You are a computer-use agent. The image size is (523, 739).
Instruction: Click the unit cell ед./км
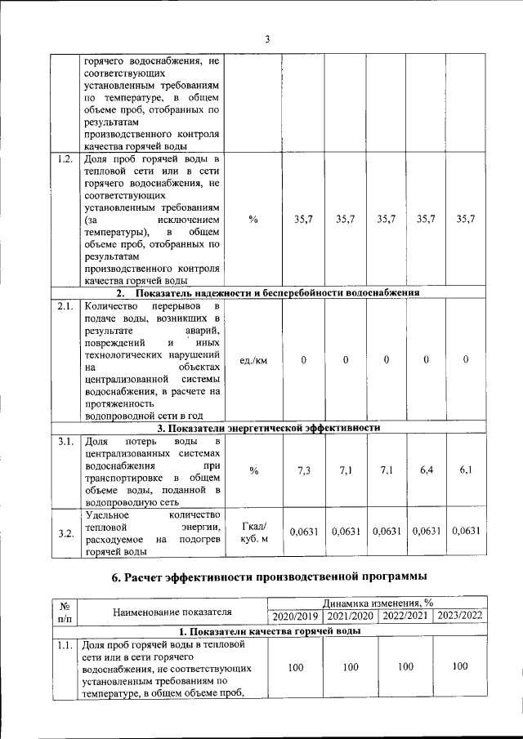coord(253,360)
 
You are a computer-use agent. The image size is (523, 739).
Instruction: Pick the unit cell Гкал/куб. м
coord(253,532)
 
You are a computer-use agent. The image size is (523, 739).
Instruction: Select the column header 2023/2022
coord(460,616)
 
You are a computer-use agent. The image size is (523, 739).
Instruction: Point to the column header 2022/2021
coord(405,616)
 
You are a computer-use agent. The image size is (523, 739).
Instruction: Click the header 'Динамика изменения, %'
coord(378,602)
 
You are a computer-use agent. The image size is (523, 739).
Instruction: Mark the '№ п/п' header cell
coord(64,612)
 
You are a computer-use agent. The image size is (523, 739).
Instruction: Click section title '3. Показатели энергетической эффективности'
coord(269,427)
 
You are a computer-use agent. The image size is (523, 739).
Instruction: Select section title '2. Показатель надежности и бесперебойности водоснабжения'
coord(269,292)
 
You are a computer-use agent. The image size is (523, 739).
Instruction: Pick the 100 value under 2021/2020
coord(351,667)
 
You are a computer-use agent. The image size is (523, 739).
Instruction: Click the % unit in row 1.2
coord(253,219)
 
